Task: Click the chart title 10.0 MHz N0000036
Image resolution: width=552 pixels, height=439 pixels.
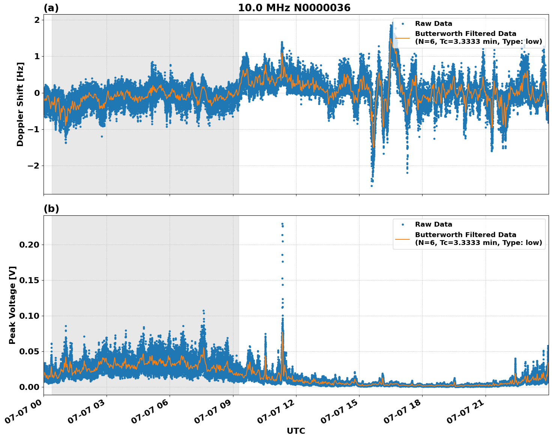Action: point(294,8)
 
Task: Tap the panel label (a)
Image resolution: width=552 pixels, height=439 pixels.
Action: point(51,8)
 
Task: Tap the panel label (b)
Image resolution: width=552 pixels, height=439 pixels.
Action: point(51,209)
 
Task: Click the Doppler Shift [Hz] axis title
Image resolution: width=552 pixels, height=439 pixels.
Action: point(20,104)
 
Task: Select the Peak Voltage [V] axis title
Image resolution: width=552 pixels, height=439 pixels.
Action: point(12,305)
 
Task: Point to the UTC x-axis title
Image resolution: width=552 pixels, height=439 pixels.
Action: point(296,431)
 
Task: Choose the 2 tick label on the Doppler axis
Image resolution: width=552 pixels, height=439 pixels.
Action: point(37,20)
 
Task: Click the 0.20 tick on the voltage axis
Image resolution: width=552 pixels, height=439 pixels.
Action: point(29,245)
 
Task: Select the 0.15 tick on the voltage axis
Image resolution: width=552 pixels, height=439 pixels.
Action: point(29,280)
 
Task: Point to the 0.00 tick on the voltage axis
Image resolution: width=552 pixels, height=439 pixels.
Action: point(29,387)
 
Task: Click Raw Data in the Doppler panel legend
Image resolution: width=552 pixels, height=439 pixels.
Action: point(433,24)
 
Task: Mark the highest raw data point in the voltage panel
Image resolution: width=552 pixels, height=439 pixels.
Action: point(282,224)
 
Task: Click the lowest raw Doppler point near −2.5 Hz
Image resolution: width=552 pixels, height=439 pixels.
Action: point(372,186)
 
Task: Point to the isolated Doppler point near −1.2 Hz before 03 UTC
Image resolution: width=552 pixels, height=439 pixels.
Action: point(102,136)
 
